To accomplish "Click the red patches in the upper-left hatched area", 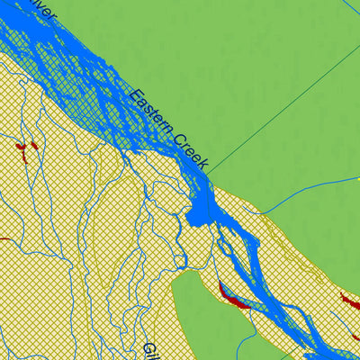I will (x=26, y=146).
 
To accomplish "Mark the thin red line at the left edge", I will (x=4, y=239).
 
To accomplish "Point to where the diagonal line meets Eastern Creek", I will (x=210, y=171).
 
